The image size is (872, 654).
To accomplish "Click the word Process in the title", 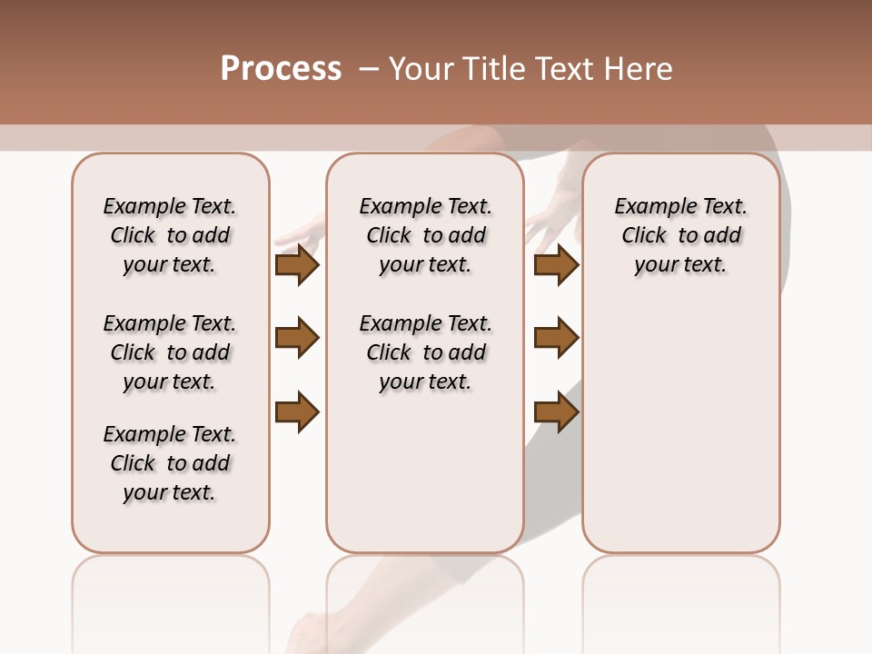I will click(x=281, y=69).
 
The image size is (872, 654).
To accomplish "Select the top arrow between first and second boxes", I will click(x=297, y=264).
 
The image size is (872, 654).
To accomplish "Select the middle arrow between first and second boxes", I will click(x=297, y=338).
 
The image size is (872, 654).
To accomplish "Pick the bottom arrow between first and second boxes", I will click(x=297, y=411).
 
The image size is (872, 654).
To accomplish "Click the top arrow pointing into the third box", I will click(x=557, y=264).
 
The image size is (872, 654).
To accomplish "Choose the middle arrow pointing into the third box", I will click(x=557, y=338).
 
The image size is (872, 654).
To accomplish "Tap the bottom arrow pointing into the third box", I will click(x=557, y=411).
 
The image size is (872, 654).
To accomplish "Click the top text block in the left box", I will click(x=170, y=235).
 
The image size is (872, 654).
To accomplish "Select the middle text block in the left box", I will click(x=170, y=352).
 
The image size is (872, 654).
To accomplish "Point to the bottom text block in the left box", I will click(x=170, y=463).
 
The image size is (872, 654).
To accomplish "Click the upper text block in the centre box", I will click(x=426, y=235).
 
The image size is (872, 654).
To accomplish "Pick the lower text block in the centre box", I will click(x=426, y=352).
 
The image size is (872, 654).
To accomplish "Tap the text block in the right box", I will click(x=681, y=235).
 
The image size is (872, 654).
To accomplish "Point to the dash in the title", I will click(x=369, y=69).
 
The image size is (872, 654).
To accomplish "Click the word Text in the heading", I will click(x=561, y=69).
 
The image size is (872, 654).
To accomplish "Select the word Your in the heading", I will click(x=420, y=69).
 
